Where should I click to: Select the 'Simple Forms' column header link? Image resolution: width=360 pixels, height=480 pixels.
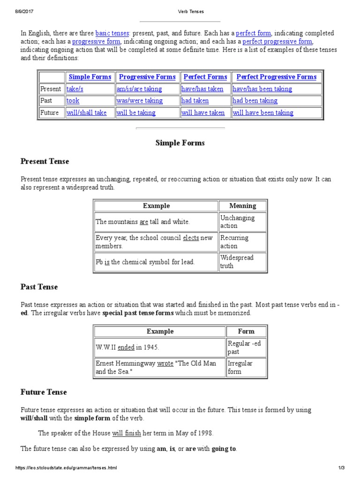point(90,77)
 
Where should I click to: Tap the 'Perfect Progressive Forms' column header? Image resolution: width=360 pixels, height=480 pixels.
point(276,77)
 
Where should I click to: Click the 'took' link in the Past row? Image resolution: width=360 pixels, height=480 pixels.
point(73,101)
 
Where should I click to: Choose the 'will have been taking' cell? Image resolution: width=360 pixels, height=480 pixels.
point(263,113)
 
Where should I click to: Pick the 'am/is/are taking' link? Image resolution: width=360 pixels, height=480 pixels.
point(139,89)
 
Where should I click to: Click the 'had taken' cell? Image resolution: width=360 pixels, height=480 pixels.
point(195,101)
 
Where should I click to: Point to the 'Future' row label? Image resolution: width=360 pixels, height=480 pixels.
point(50,113)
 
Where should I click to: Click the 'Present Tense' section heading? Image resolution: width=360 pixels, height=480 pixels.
point(45,161)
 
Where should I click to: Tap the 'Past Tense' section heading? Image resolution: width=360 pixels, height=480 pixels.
point(39,286)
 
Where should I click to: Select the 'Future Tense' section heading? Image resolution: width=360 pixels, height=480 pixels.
point(44,392)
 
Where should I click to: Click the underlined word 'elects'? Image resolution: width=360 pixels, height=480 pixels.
point(191,238)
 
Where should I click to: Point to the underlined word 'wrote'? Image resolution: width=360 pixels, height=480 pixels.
point(165,363)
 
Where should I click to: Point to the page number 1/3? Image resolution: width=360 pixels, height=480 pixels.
point(341,468)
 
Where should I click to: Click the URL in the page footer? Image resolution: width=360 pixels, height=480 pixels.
point(66,468)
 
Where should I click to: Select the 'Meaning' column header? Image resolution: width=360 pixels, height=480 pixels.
point(242,206)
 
